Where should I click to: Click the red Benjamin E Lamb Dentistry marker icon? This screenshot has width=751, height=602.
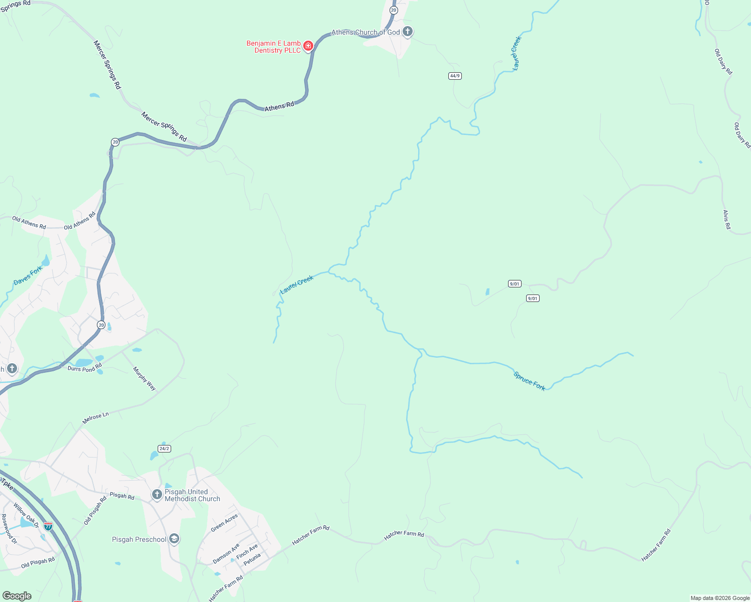click(x=308, y=46)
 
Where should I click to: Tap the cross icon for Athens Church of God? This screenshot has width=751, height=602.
click(x=408, y=32)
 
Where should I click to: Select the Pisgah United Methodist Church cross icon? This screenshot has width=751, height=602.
click(x=157, y=495)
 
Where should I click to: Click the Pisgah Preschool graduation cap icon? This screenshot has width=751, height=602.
click(x=174, y=539)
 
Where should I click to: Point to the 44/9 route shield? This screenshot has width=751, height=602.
click(x=455, y=76)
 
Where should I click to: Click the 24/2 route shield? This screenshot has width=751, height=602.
click(x=164, y=448)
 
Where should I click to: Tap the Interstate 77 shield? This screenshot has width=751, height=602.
click(x=48, y=526)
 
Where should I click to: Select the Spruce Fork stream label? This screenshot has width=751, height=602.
click(x=529, y=381)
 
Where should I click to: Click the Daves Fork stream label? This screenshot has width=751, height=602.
click(x=28, y=276)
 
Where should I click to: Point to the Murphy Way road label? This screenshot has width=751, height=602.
click(x=144, y=379)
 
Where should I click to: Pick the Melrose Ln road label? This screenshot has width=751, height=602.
click(x=95, y=418)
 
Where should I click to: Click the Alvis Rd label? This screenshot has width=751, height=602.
click(x=726, y=220)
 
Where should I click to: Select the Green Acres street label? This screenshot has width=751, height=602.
click(x=224, y=523)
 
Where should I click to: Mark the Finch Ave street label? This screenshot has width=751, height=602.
click(x=247, y=551)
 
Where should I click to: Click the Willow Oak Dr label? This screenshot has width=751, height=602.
click(x=26, y=515)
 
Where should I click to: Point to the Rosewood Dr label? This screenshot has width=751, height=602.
click(x=9, y=529)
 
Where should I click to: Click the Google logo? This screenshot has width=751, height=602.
click(x=17, y=596)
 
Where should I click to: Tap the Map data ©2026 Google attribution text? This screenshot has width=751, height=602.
click(x=720, y=598)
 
